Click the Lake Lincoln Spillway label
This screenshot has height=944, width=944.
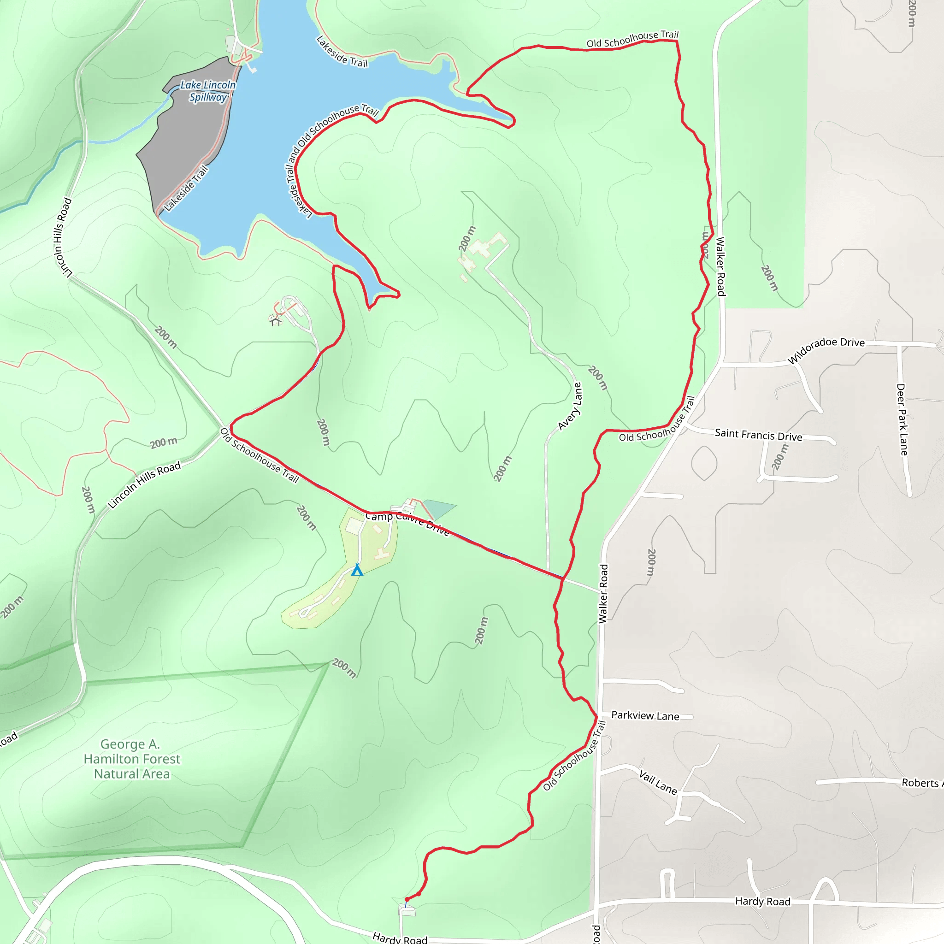click(208, 91)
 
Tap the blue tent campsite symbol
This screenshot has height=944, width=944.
click(357, 570)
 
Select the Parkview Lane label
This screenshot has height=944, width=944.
click(645, 716)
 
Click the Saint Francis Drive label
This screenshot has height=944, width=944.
click(758, 434)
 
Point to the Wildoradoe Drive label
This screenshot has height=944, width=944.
click(826, 350)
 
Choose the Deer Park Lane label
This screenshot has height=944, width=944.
click(902, 420)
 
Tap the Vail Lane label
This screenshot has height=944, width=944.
click(658, 782)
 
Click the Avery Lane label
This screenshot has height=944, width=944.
click(570, 407)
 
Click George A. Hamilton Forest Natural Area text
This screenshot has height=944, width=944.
click(132, 759)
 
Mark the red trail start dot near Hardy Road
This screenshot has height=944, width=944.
click(407, 899)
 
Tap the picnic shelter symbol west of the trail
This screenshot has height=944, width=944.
click(276, 321)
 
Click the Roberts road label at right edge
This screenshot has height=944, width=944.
click(921, 783)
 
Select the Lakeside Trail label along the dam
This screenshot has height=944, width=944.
click(186, 189)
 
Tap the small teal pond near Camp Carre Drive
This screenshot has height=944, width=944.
click(438, 508)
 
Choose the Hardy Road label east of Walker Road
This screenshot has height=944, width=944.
click(763, 902)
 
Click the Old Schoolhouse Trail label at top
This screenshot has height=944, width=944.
click(632, 39)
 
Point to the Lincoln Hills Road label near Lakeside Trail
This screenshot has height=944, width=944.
click(63, 236)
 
